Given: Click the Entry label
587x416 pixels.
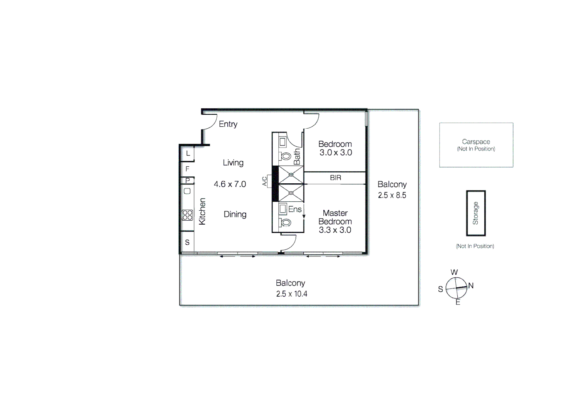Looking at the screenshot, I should click(228, 124).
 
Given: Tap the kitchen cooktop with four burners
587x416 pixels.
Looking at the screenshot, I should click(187, 215).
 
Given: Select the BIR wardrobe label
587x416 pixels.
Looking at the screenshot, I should click(335, 178).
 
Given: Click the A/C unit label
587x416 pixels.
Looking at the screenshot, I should click(265, 181).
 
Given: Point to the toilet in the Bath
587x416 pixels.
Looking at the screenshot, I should click(286, 156).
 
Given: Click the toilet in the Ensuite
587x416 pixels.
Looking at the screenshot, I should click(286, 222).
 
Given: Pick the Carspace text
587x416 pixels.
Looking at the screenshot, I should click(476, 142).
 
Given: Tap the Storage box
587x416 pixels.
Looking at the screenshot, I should click(476, 213).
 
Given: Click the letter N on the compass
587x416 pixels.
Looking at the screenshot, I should click(471, 285).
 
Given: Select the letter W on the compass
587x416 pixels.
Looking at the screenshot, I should click(454, 272).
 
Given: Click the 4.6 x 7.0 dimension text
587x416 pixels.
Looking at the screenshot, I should click(230, 184).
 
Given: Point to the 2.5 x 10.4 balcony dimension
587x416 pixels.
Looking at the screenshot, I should click(291, 294).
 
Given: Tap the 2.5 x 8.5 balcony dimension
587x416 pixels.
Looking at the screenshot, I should click(392, 195).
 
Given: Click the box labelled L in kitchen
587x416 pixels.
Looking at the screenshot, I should click(188, 153).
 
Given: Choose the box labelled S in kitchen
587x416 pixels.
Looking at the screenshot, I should click(187, 242).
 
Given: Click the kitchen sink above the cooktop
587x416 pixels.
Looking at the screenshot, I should click(187, 191).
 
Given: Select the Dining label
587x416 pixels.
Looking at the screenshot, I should click(235, 214).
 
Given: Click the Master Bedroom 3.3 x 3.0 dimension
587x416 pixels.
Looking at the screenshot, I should click(335, 230).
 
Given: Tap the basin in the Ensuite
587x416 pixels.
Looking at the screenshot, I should click(283, 209).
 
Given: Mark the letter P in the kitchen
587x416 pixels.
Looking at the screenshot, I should click(187, 180).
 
